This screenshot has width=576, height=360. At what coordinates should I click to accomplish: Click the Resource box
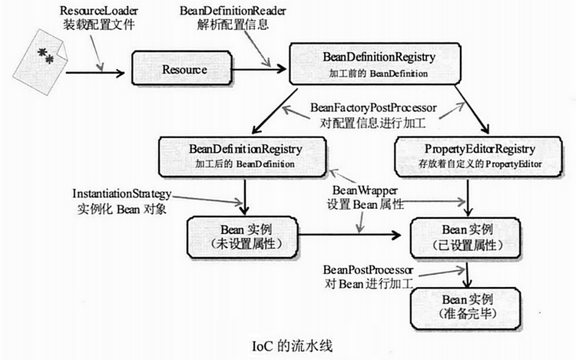[184, 70]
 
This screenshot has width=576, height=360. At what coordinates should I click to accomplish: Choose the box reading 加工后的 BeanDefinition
[245, 154]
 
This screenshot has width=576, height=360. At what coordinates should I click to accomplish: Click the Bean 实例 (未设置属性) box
[242, 236]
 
